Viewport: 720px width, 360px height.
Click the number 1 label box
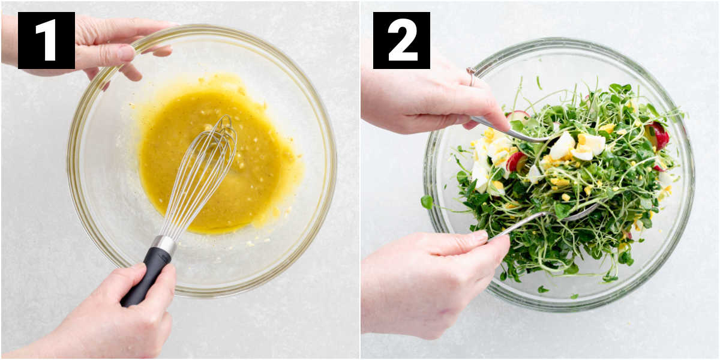point(46,41)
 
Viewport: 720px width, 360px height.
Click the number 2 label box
point(401,41)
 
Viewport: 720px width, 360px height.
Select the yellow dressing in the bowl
point(218,157)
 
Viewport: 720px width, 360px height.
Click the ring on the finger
point(472,77)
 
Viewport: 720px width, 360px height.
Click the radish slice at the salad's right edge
point(657,135)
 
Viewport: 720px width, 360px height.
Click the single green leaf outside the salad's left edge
point(427,202)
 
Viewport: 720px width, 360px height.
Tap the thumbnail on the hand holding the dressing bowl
point(127,52)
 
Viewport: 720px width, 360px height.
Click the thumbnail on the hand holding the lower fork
point(478,236)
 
